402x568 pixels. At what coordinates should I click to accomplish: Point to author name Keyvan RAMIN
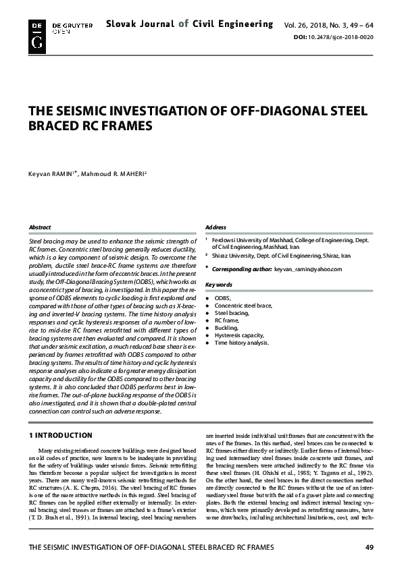(x=52, y=175)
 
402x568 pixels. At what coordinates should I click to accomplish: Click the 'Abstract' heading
(x=39, y=227)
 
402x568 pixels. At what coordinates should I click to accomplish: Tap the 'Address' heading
(x=216, y=227)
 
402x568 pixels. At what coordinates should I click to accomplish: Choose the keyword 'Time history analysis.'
(x=241, y=343)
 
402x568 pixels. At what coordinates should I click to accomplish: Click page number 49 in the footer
(x=369, y=547)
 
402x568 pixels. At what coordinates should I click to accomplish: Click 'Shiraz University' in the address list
(x=234, y=256)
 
